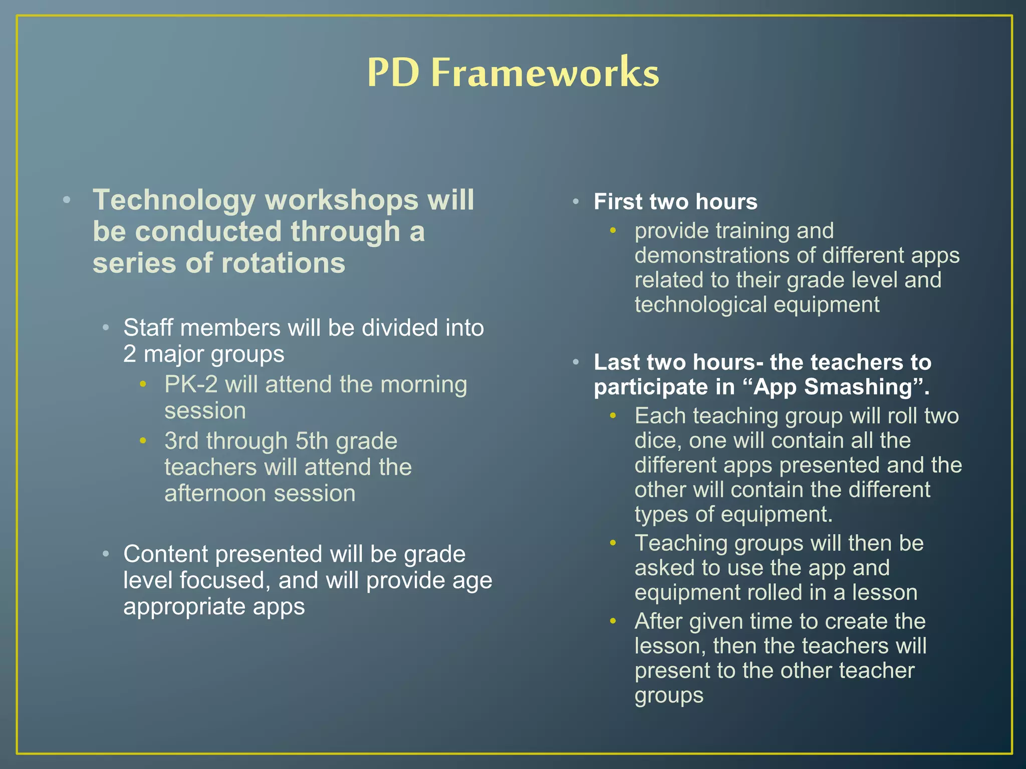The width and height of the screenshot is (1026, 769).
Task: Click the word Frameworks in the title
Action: [545, 73]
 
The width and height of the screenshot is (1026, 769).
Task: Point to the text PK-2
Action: [191, 384]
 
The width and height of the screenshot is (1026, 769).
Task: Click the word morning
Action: [423, 384]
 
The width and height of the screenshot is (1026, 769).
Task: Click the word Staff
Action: [148, 328]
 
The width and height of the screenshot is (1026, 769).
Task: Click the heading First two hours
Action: [675, 202]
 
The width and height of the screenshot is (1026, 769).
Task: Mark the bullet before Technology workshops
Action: [67, 201]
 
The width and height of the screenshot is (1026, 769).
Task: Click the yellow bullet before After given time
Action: [613, 621]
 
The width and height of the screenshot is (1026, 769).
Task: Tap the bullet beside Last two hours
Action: [576, 362]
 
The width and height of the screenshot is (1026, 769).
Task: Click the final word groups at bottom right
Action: [669, 696]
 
